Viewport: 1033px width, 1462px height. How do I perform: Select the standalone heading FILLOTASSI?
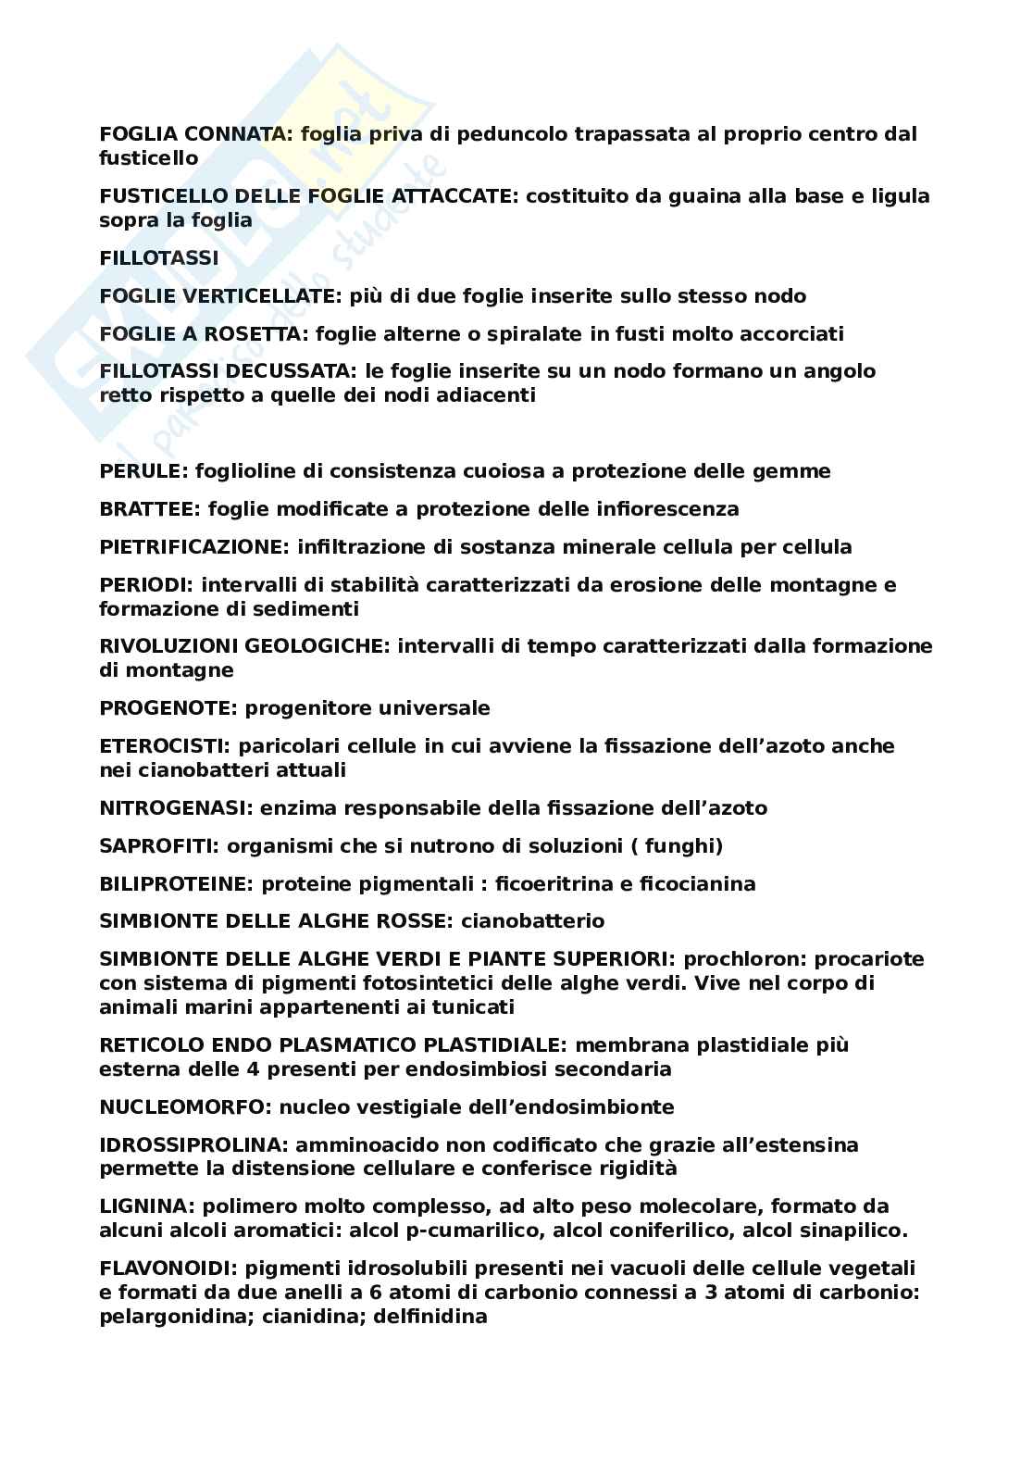(159, 258)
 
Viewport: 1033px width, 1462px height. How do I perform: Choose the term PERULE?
(143, 471)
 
